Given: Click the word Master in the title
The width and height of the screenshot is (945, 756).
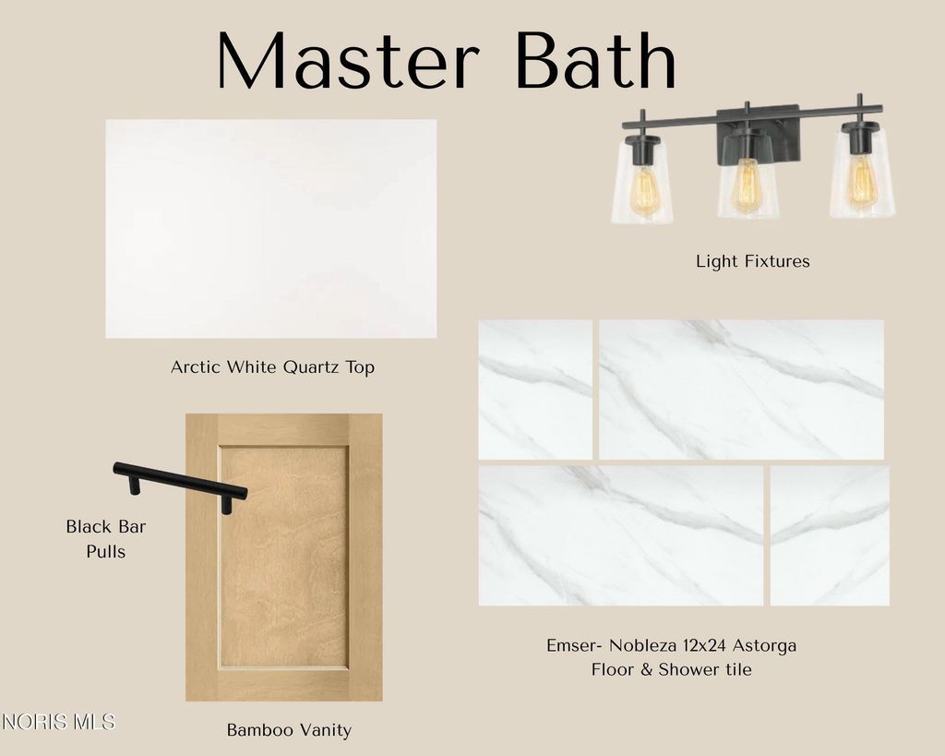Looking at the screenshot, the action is click(348, 60).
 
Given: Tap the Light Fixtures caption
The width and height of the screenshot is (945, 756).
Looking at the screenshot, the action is click(753, 261).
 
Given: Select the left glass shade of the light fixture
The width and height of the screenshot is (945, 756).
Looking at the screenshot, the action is click(642, 182).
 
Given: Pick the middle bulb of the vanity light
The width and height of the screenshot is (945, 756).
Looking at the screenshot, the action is click(748, 186).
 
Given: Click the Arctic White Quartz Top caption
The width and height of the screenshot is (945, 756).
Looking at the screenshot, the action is click(272, 366).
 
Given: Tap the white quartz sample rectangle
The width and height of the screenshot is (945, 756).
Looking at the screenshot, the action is click(271, 229).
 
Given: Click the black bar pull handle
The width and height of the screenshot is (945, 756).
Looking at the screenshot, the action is click(180, 484).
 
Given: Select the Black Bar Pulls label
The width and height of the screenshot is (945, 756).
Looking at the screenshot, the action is click(106, 538).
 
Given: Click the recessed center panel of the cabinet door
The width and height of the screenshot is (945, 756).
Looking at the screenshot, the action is click(284, 557).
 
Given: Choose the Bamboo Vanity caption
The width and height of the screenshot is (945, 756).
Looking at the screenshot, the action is click(289, 730).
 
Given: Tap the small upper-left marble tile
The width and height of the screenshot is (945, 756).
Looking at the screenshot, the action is click(535, 390).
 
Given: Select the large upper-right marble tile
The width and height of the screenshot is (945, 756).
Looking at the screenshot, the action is click(741, 390).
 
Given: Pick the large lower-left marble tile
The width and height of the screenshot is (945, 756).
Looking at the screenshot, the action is click(621, 535).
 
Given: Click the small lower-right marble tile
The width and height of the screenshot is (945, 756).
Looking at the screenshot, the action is click(830, 535).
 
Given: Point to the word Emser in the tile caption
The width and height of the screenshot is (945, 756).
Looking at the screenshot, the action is click(572, 645).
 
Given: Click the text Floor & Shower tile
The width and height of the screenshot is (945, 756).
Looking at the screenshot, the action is click(672, 669).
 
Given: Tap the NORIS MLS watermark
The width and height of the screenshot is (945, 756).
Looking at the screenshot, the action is click(58, 722).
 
